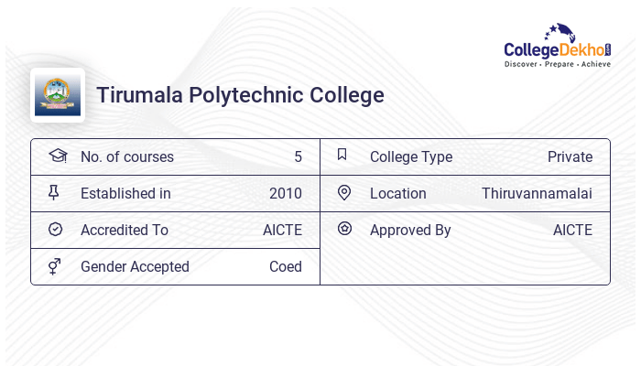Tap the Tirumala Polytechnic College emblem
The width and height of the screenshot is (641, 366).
pos(58,95)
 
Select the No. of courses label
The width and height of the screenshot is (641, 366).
pos(126,156)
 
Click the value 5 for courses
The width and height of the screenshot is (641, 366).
pos(298,156)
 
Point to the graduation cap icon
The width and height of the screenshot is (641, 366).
pos(56,156)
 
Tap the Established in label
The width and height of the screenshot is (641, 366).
pos(125,193)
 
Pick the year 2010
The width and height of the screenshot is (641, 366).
pos(285,193)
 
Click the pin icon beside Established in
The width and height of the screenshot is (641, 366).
pos(54,192)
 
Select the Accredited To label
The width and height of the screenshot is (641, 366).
pos(125,230)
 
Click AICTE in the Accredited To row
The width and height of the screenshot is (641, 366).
pos(282,230)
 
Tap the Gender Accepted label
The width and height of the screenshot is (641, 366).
pos(135,266)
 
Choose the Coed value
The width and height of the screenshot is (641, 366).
pos(285,266)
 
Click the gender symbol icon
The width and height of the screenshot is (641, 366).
pos(54,265)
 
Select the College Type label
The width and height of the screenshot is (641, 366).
pos(411,156)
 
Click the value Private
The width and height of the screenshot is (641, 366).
pos(570,156)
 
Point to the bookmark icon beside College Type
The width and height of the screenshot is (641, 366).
pos(342,155)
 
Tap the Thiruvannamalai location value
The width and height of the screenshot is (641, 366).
pos(537,193)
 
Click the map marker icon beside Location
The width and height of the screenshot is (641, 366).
pos(343,192)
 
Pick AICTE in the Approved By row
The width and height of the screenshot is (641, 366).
pos(572,230)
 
